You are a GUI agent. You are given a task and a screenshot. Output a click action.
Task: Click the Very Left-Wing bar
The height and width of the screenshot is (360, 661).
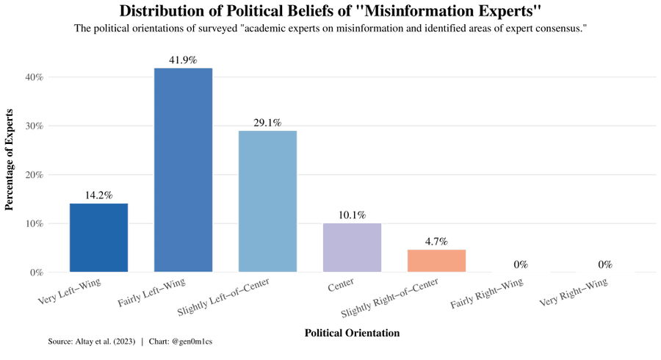(x=98, y=237)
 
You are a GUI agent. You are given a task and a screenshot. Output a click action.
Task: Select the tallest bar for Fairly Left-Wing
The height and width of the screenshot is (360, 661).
(x=183, y=170)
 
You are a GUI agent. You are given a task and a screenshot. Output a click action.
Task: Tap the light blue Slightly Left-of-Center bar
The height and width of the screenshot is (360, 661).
(x=267, y=201)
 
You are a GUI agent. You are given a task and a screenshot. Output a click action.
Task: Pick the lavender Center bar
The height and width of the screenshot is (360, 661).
(x=352, y=248)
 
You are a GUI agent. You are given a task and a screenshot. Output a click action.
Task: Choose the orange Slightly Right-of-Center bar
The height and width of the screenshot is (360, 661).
(x=436, y=261)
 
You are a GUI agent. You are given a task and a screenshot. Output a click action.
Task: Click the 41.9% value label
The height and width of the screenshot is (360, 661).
(x=183, y=60)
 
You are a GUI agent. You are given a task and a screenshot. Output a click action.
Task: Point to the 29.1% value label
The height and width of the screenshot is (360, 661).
(x=267, y=123)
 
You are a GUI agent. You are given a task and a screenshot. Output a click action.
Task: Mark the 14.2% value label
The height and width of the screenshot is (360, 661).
(x=98, y=195)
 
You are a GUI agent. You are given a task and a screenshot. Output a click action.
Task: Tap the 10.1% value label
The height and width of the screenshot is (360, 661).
(x=352, y=215)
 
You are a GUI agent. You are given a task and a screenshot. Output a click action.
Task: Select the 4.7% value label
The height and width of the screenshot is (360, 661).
(x=436, y=242)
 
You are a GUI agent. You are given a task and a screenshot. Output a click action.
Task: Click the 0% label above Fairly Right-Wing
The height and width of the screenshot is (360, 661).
(x=521, y=264)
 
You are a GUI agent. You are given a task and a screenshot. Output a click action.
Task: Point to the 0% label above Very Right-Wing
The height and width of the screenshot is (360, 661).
(x=605, y=264)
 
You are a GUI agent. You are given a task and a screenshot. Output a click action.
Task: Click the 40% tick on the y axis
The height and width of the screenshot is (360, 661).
(x=35, y=77)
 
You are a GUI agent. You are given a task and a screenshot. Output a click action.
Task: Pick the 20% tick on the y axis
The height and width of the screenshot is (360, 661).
(x=35, y=175)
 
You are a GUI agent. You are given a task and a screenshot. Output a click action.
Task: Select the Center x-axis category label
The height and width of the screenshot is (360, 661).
(x=342, y=284)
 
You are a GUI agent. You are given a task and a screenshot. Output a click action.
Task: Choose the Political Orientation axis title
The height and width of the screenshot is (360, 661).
(x=352, y=333)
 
